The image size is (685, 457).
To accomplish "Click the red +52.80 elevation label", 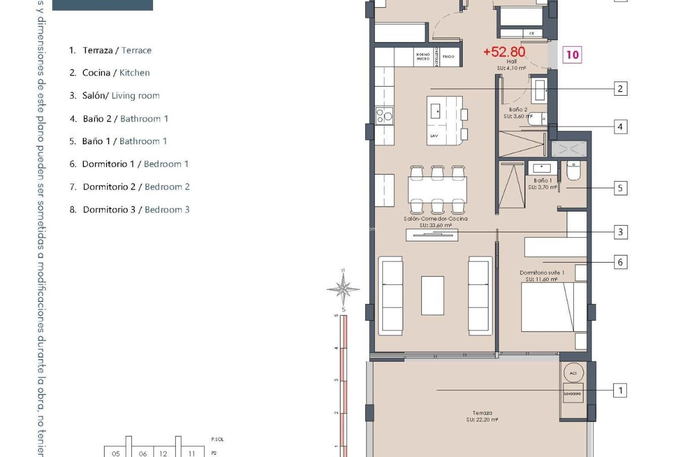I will [x=504, y=52].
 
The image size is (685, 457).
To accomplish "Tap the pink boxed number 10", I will [x=572, y=55].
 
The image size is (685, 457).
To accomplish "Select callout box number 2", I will [x=620, y=89].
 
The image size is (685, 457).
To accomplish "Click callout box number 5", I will [x=620, y=188].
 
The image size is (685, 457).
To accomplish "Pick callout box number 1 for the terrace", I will [x=620, y=390].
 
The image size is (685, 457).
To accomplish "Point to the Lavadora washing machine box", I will [x=573, y=393].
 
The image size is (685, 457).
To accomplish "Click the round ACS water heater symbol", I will [x=573, y=373].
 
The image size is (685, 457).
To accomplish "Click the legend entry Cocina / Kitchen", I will [x=110, y=73].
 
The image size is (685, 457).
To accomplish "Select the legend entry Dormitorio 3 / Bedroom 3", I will [x=129, y=210].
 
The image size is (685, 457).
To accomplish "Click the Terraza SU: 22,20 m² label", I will [x=482, y=416].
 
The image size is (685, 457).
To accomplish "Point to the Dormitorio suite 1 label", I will [x=542, y=276].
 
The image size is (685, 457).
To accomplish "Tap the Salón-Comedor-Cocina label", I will [x=435, y=222].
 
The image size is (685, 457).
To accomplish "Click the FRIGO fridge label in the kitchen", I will [x=448, y=56].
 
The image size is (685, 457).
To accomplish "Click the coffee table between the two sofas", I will [x=432, y=296].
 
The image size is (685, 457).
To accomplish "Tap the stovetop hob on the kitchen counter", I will [x=384, y=116].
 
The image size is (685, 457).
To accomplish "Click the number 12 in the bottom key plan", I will [x=163, y=453].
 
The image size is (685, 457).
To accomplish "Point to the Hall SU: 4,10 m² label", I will [x=512, y=65].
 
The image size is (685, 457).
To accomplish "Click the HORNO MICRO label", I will [x=423, y=56].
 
